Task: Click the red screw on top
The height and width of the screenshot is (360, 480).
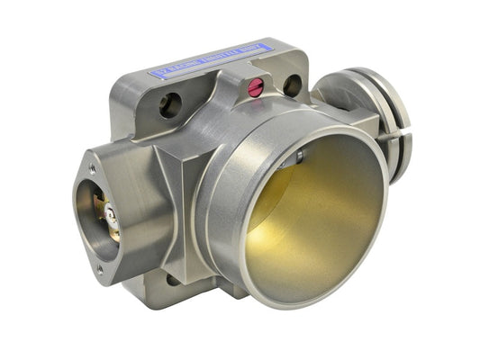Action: (x=256, y=87)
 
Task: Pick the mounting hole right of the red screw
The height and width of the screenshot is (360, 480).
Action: (x=292, y=85)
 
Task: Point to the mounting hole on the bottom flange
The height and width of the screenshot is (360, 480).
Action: (x=172, y=280)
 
